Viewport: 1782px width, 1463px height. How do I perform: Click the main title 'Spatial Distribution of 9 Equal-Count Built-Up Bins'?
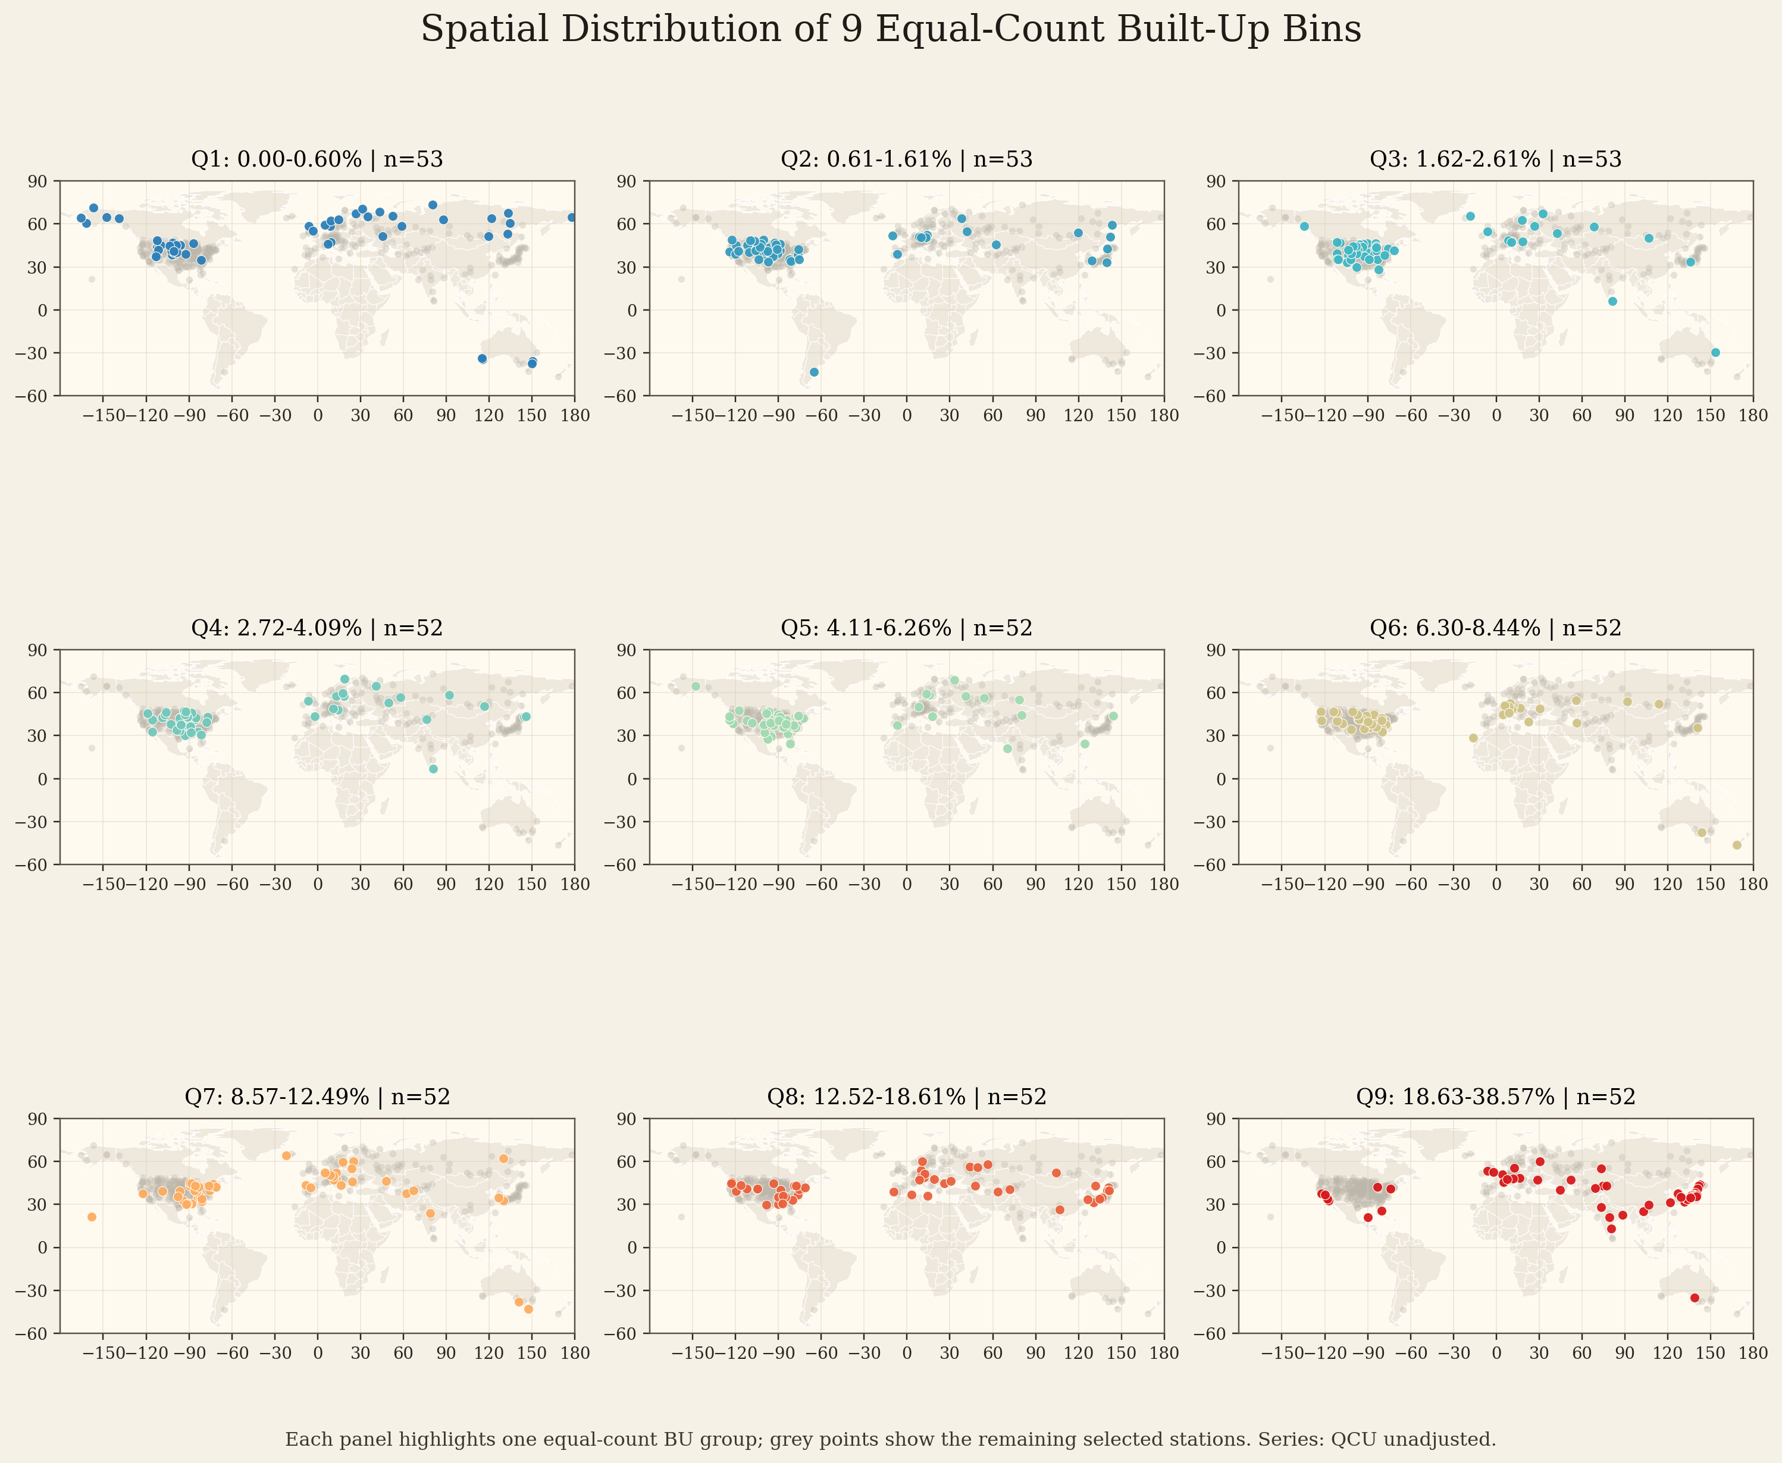point(891,30)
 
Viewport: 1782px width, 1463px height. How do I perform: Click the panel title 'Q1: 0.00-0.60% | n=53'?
point(317,159)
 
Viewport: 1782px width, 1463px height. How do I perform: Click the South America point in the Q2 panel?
point(814,372)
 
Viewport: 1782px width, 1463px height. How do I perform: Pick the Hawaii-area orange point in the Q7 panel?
point(92,1217)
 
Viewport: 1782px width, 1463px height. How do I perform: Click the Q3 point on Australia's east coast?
point(1715,352)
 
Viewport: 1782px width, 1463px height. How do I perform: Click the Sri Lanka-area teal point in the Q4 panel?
point(433,769)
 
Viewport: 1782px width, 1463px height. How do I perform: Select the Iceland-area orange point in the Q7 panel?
point(286,1155)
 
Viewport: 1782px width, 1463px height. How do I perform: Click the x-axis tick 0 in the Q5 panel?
point(907,884)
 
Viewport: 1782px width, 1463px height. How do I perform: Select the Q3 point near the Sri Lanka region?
point(1612,301)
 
